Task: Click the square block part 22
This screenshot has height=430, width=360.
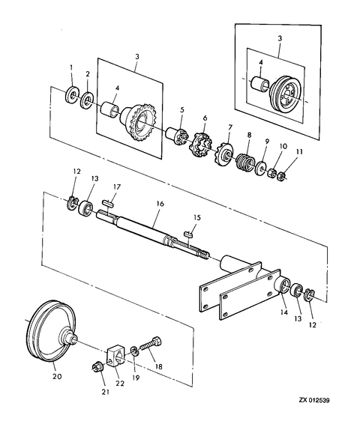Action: pyautogui.click(x=116, y=357)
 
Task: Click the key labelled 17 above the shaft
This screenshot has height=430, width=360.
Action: pyautogui.click(x=109, y=203)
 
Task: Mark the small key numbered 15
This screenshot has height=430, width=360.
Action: pyautogui.click(x=189, y=234)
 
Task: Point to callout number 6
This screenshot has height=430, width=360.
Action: pyautogui.click(x=205, y=119)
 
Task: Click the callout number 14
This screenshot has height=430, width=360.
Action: pyautogui.click(x=284, y=312)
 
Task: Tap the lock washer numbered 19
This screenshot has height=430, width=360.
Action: pyautogui.click(x=134, y=351)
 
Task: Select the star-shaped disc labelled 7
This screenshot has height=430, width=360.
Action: pyautogui.click(x=223, y=154)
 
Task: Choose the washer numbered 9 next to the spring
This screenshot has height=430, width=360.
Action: pyautogui.click(x=260, y=167)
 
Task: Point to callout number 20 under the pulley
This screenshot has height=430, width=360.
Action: pyautogui.click(x=57, y=377)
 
